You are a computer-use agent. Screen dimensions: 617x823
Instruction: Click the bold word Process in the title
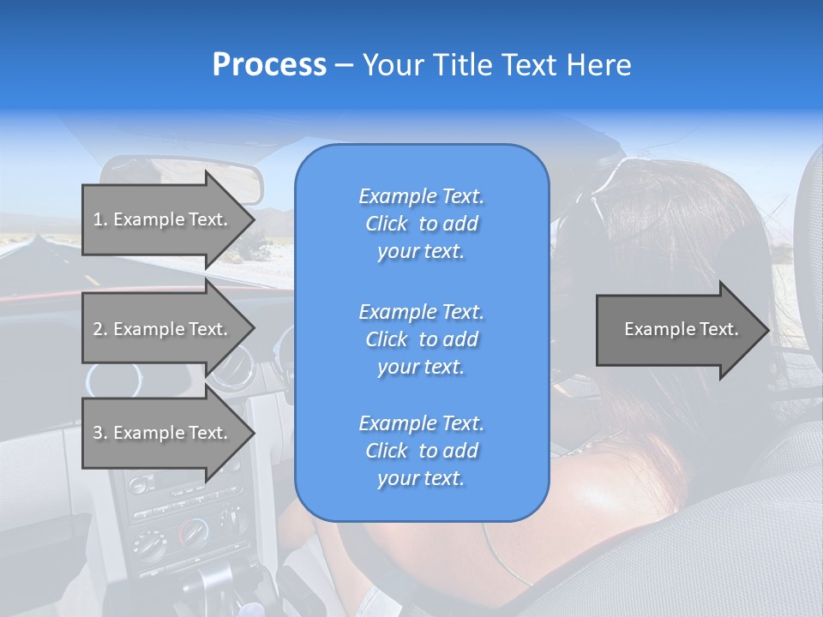pyautogui.click(x=269, y=65)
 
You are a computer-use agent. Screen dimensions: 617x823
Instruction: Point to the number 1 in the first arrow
pyautogui.click(x=98, y=219)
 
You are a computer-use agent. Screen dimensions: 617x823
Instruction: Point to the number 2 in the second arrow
pyautogui.click(x=98, y=329)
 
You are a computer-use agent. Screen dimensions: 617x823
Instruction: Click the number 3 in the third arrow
pyautogui.click(x=98, y=433)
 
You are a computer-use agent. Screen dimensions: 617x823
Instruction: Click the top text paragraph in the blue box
pyautogui.click(x=421, y=224)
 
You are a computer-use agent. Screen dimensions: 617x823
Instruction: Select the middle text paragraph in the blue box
pyautogui.click(x=421, y=339)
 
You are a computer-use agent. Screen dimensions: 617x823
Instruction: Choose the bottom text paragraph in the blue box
pyautogui.click(x=421, y=451)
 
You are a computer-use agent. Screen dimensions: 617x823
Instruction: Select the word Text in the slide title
pyautogui.click(x=526, y=65)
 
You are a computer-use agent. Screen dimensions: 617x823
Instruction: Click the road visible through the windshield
pyautogui.click(x=34, y=257)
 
